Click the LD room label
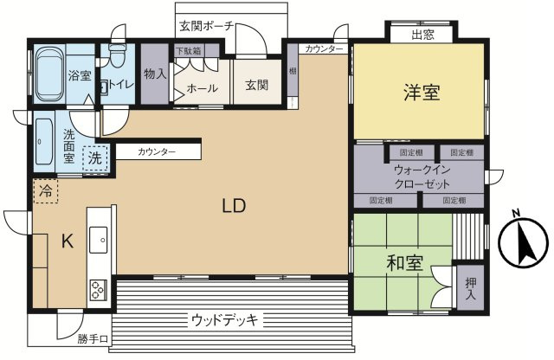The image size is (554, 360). (234, 206)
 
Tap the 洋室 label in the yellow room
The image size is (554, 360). (421, 93)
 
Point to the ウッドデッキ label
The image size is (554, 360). (224, 321)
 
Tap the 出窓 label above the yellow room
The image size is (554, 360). (422, 35)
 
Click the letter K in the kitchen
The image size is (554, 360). (67, 242)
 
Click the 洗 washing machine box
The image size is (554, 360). (95, 158)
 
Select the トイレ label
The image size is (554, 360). (118, 86)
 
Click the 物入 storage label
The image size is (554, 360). (155, 75)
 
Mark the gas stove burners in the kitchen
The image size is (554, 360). (96, 288)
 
